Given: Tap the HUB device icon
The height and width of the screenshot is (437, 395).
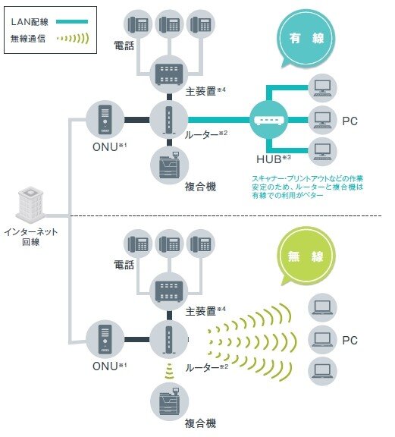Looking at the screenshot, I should pyautogui.click(x=269, y=120).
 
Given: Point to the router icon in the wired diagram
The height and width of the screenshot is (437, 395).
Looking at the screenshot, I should pyautogui.click(x=168, y=121).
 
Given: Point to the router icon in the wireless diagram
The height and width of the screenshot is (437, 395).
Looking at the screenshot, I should pyautogui.click(x=168, y=340).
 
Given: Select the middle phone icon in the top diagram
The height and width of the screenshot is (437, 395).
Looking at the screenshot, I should pyautogui.click(x=168, y=25).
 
